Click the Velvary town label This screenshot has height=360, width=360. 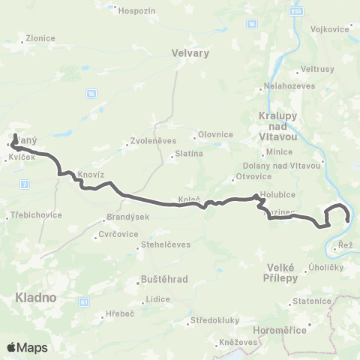click(x=190, y=53)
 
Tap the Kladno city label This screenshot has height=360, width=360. click(x=36, y=298)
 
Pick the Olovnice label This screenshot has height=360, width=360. click(x=216, y=135)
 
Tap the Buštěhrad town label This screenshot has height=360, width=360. click(x=163, y=280)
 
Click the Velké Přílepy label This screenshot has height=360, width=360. click(x=283, y=273)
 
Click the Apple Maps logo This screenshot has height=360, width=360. click(x=27, y=347)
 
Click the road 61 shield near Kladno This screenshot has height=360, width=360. click(x=84, y=301)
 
